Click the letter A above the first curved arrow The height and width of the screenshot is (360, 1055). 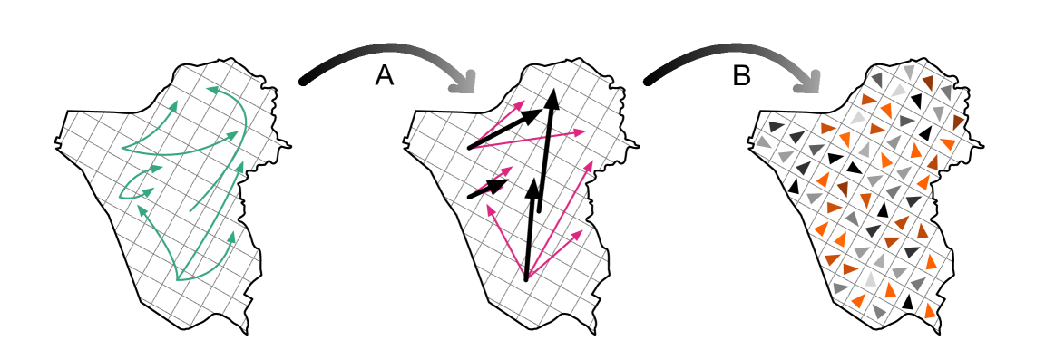click(385, 77)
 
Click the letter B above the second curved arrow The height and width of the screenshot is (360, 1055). click(742, 77)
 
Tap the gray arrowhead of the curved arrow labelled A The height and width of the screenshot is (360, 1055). click(464, 85)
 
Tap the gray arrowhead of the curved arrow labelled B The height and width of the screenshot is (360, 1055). click(807, 85)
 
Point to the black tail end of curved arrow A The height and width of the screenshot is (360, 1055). click(304, 83)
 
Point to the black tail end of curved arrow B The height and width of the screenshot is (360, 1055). click(649, 82)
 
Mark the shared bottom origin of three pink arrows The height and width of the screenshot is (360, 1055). click(526, 280)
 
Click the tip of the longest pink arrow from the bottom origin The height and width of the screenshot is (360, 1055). click(591, 161)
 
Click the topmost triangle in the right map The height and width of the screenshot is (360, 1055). click(908, 71)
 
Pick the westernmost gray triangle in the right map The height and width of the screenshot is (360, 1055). click(764, 142)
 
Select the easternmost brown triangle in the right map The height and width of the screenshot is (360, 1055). click(959, 122)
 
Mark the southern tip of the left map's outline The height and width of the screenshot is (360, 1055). click(246, 333)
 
